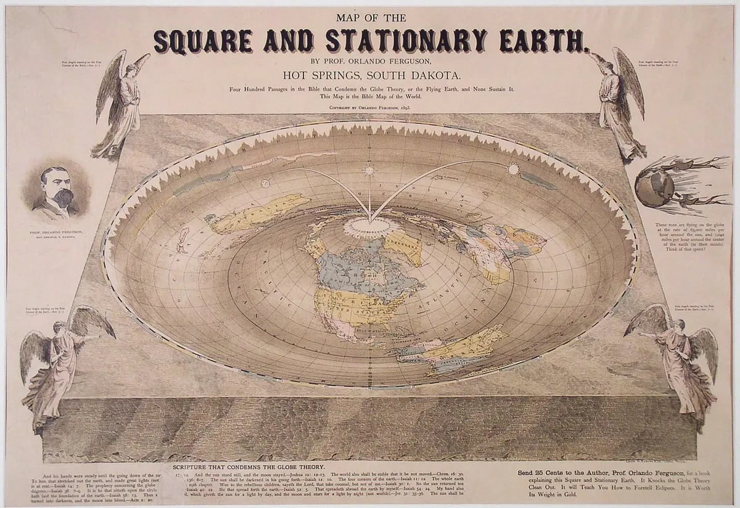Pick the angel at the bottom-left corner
click(59, 364)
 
